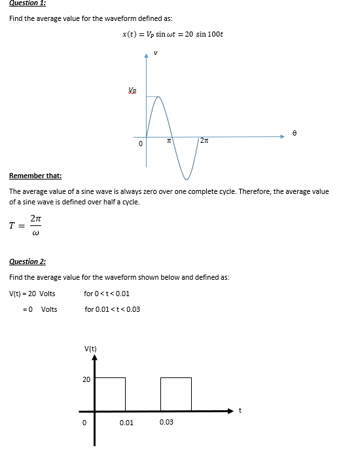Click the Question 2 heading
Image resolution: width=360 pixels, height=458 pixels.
coord(27,261)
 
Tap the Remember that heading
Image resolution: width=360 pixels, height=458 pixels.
coord(35,176)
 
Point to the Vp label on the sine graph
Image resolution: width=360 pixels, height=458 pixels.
coord(133,90)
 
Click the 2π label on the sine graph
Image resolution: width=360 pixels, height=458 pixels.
coord(204,142)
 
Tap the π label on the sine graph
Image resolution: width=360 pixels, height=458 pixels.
coord(168,142)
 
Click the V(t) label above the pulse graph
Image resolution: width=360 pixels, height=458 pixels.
coord(90,348)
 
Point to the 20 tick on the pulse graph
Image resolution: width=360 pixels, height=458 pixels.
coord(86,379)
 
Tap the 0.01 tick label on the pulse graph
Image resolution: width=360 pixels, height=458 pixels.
coord(126,423)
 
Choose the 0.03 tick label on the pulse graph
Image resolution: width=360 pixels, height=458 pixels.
coord(166,422)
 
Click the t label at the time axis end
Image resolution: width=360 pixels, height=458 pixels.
coord(240,411)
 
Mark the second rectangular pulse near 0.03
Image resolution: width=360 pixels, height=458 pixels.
coord(175,394)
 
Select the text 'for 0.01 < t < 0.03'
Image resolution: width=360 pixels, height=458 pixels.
coord(112,309)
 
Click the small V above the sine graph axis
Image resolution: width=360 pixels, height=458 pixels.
coord(155,53)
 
